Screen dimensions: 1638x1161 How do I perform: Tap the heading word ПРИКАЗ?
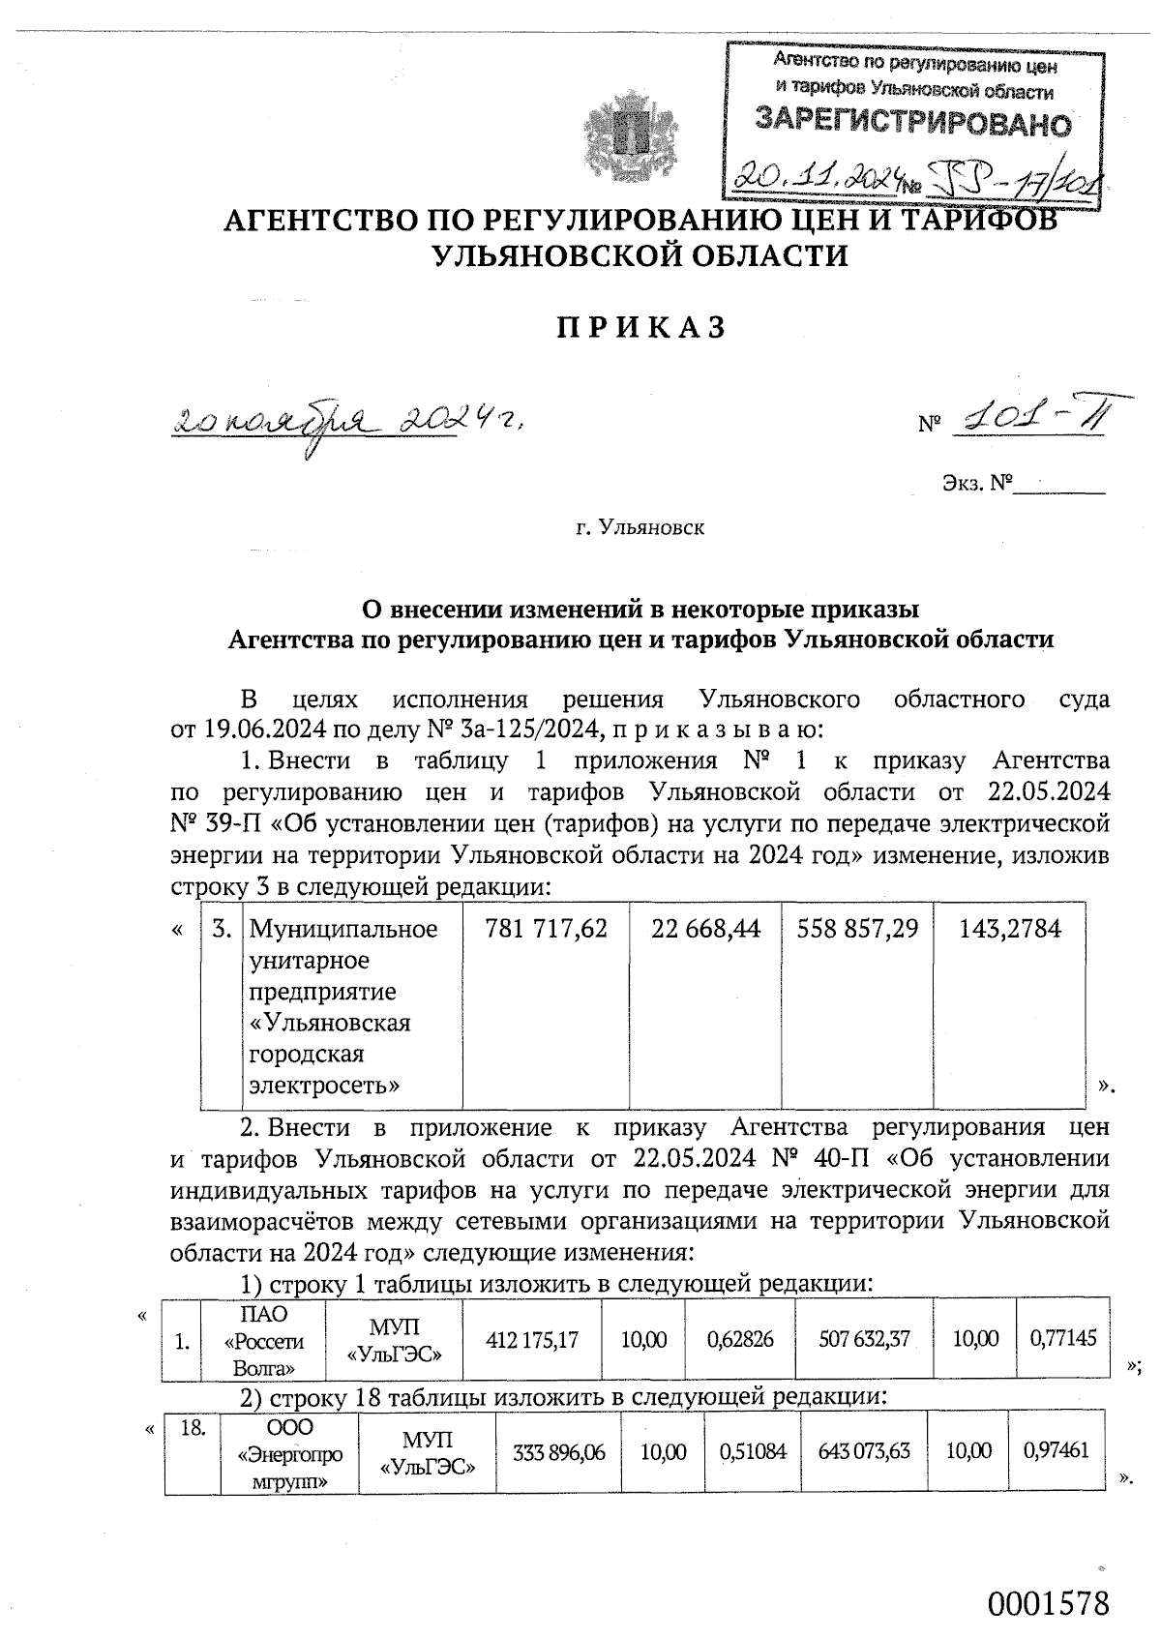click(640, 328)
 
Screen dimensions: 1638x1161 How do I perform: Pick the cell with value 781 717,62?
click(546, 930)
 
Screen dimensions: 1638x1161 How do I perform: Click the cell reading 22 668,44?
click(705, 930)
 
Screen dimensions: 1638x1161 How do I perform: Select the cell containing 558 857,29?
click(857, 930)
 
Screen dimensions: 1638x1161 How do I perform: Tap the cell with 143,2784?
click(1009, 930)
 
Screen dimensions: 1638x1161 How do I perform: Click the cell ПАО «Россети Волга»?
click(262, 1341)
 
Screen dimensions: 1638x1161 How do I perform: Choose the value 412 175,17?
click(532, 1341)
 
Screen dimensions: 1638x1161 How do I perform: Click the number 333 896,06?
click(561, 1452)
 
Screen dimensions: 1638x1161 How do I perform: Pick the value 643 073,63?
click(864, 1452)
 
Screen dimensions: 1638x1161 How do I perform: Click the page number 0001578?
click(1047, 1602)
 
